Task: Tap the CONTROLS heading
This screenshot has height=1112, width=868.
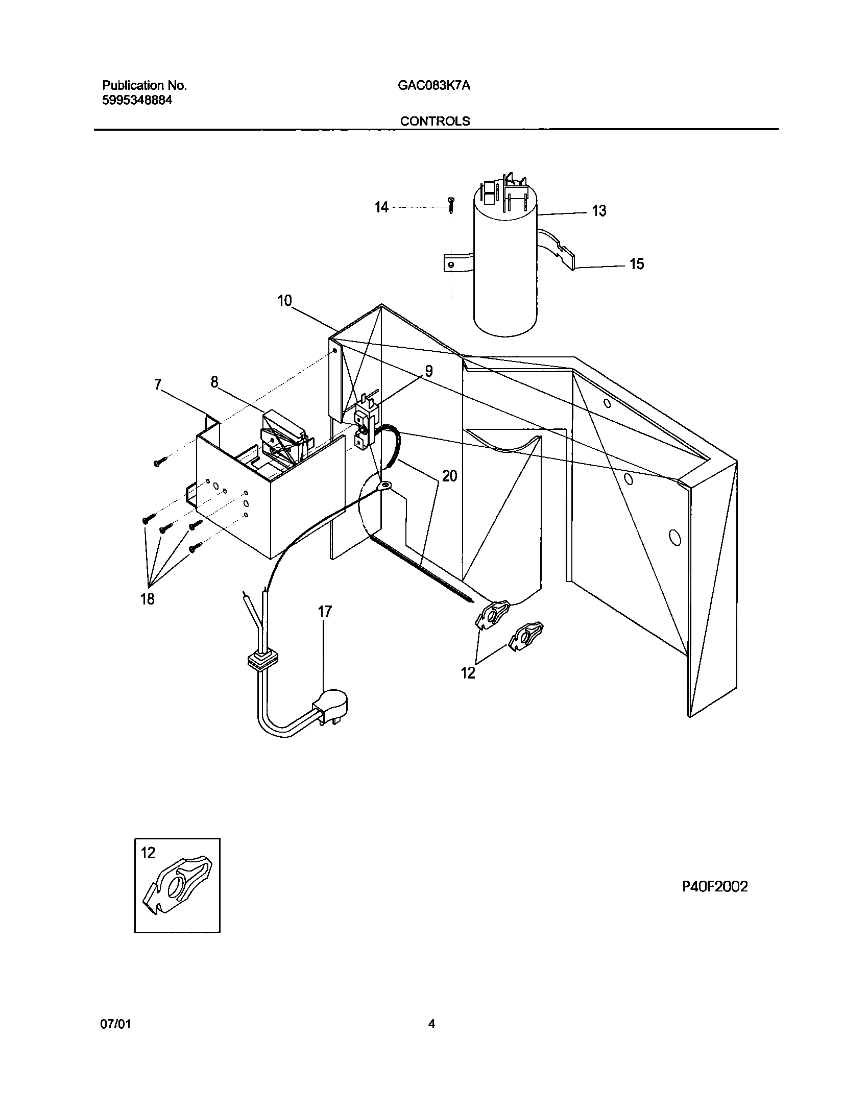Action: click(435, 121)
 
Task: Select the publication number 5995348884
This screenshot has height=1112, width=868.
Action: click(137, 100)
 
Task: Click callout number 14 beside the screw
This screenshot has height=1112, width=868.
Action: click(381, 207)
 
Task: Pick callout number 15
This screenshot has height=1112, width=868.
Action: click(636, 264)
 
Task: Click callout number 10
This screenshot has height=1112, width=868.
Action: click(284, 301)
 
